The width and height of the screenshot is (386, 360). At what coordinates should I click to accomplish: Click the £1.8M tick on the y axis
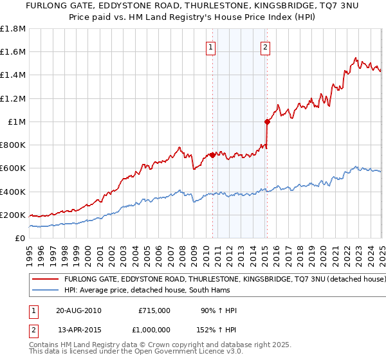13,29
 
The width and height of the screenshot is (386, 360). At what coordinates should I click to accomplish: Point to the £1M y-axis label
17,122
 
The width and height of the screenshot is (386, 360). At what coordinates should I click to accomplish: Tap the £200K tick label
13,215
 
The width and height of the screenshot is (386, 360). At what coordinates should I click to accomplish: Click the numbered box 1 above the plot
211,46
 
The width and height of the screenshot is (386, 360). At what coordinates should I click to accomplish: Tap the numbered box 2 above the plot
265,46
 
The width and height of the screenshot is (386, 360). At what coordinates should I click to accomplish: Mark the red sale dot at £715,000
212,155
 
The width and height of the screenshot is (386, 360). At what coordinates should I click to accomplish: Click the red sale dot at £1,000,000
266,122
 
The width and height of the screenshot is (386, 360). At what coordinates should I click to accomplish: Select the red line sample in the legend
46,279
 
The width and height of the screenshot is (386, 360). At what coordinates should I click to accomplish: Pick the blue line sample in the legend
46,290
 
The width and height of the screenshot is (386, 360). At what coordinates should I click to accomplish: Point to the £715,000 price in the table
154,310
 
